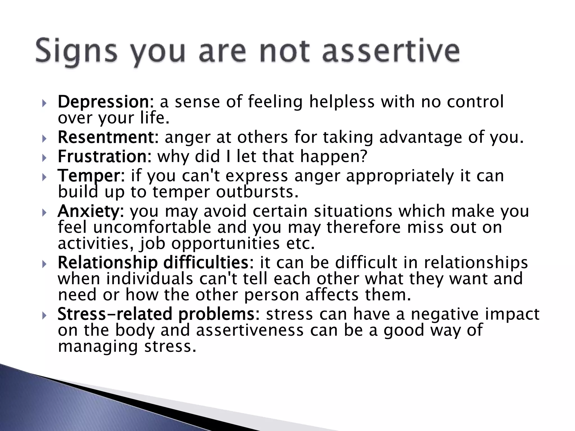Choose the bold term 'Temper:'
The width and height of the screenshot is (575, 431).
tap(91, 176)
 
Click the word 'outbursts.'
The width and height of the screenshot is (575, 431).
tap(257, 192)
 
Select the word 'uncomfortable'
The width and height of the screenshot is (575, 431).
tap(152, 227)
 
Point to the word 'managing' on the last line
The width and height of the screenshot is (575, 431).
tap(98, 347)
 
